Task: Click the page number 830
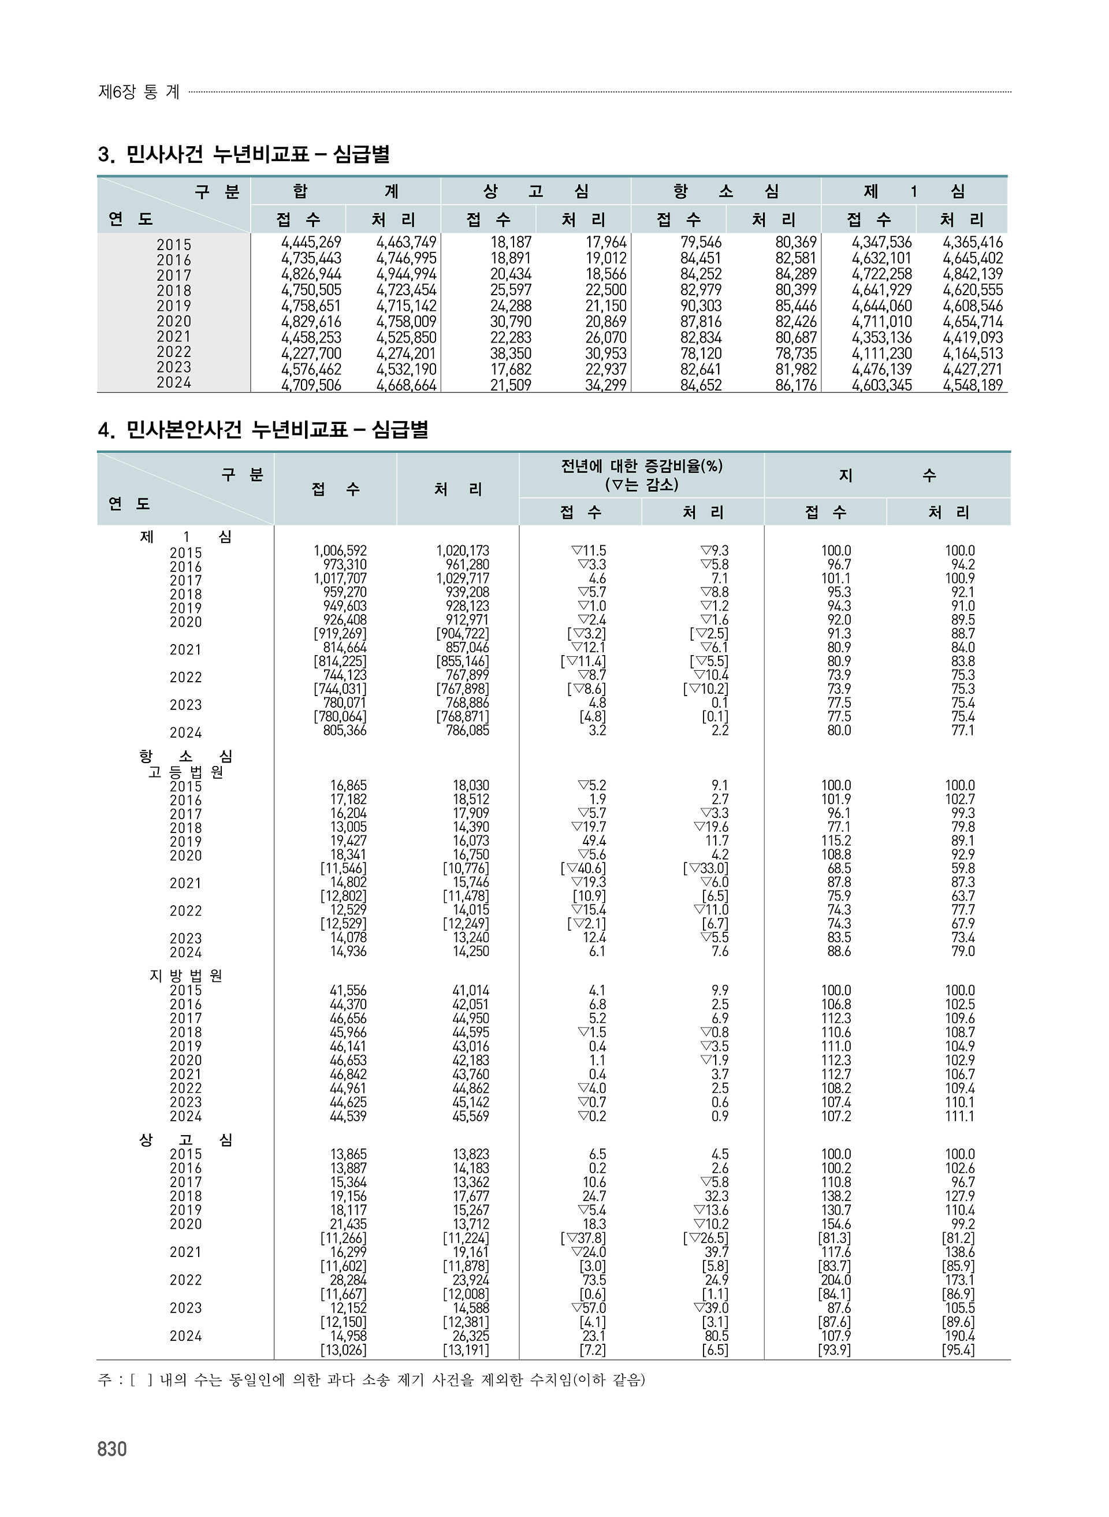[x=112, y=1449]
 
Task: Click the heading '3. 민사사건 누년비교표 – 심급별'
[x=244, y=155]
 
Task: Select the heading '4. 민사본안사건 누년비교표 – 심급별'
[x=263, y=430]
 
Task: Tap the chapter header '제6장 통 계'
[x=139, y=92]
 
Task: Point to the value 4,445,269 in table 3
[x=311, y=242]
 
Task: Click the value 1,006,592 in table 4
[x=340, y=551]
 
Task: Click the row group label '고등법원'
[x=186, y=772]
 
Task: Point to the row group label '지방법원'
[x=186, y=976]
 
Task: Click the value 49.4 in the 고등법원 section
[x=594, y=841]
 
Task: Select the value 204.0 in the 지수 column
[x=836, y=1280]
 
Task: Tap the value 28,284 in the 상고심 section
[x=348, y=1280]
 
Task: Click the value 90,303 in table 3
[x=701, y=306]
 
